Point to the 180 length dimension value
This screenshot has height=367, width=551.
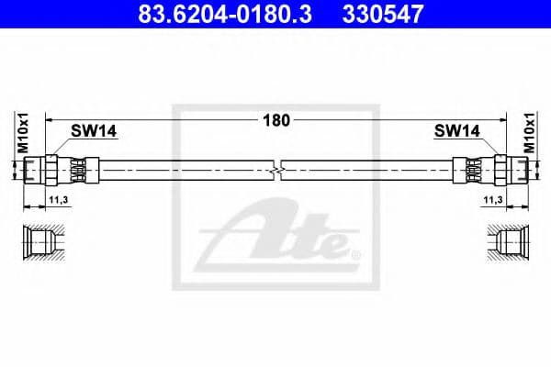(276, 119)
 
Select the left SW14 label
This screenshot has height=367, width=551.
(95, 131)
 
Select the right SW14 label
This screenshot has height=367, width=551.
(456, 131)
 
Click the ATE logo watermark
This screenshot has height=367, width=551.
(275, 240)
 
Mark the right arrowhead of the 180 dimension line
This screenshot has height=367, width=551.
(504, 119)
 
